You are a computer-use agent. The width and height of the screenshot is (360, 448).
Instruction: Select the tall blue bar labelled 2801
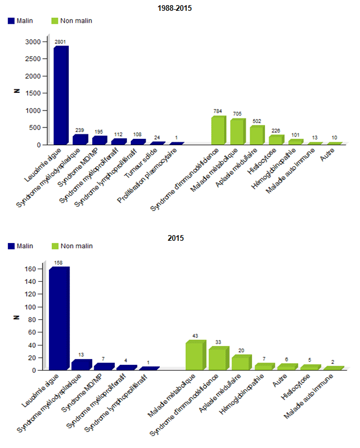tap(61, 95)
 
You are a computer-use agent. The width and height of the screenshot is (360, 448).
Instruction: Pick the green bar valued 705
tap(238, 132)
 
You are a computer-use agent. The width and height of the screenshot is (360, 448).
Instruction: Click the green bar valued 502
tap(257, 135)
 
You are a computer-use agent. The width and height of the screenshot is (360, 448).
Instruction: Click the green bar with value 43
tap(195, 356)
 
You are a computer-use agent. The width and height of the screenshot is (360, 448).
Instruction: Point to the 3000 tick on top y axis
tap(32, 42)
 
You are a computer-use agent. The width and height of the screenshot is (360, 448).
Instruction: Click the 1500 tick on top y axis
tap(32, 93)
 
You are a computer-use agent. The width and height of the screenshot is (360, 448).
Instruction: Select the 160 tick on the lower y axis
tap(35, 269)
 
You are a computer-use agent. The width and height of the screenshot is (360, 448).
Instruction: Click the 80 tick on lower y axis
tap(37, 319)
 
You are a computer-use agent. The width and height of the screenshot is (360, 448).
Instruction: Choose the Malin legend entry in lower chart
tap(20, 246)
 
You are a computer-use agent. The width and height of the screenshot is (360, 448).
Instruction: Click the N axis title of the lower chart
tap(16, 319)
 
